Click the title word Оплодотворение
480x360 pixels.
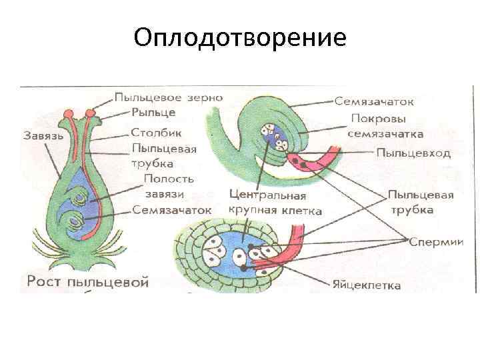[240, 37]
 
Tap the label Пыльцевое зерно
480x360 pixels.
[168, 97]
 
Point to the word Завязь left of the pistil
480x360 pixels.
[43, 135]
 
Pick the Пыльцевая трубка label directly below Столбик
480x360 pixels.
[164, 155]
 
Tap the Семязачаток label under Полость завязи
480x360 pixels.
[171, 209]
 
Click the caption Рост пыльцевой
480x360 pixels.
[87, 281]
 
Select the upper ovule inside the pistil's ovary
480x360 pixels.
[80, 199]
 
